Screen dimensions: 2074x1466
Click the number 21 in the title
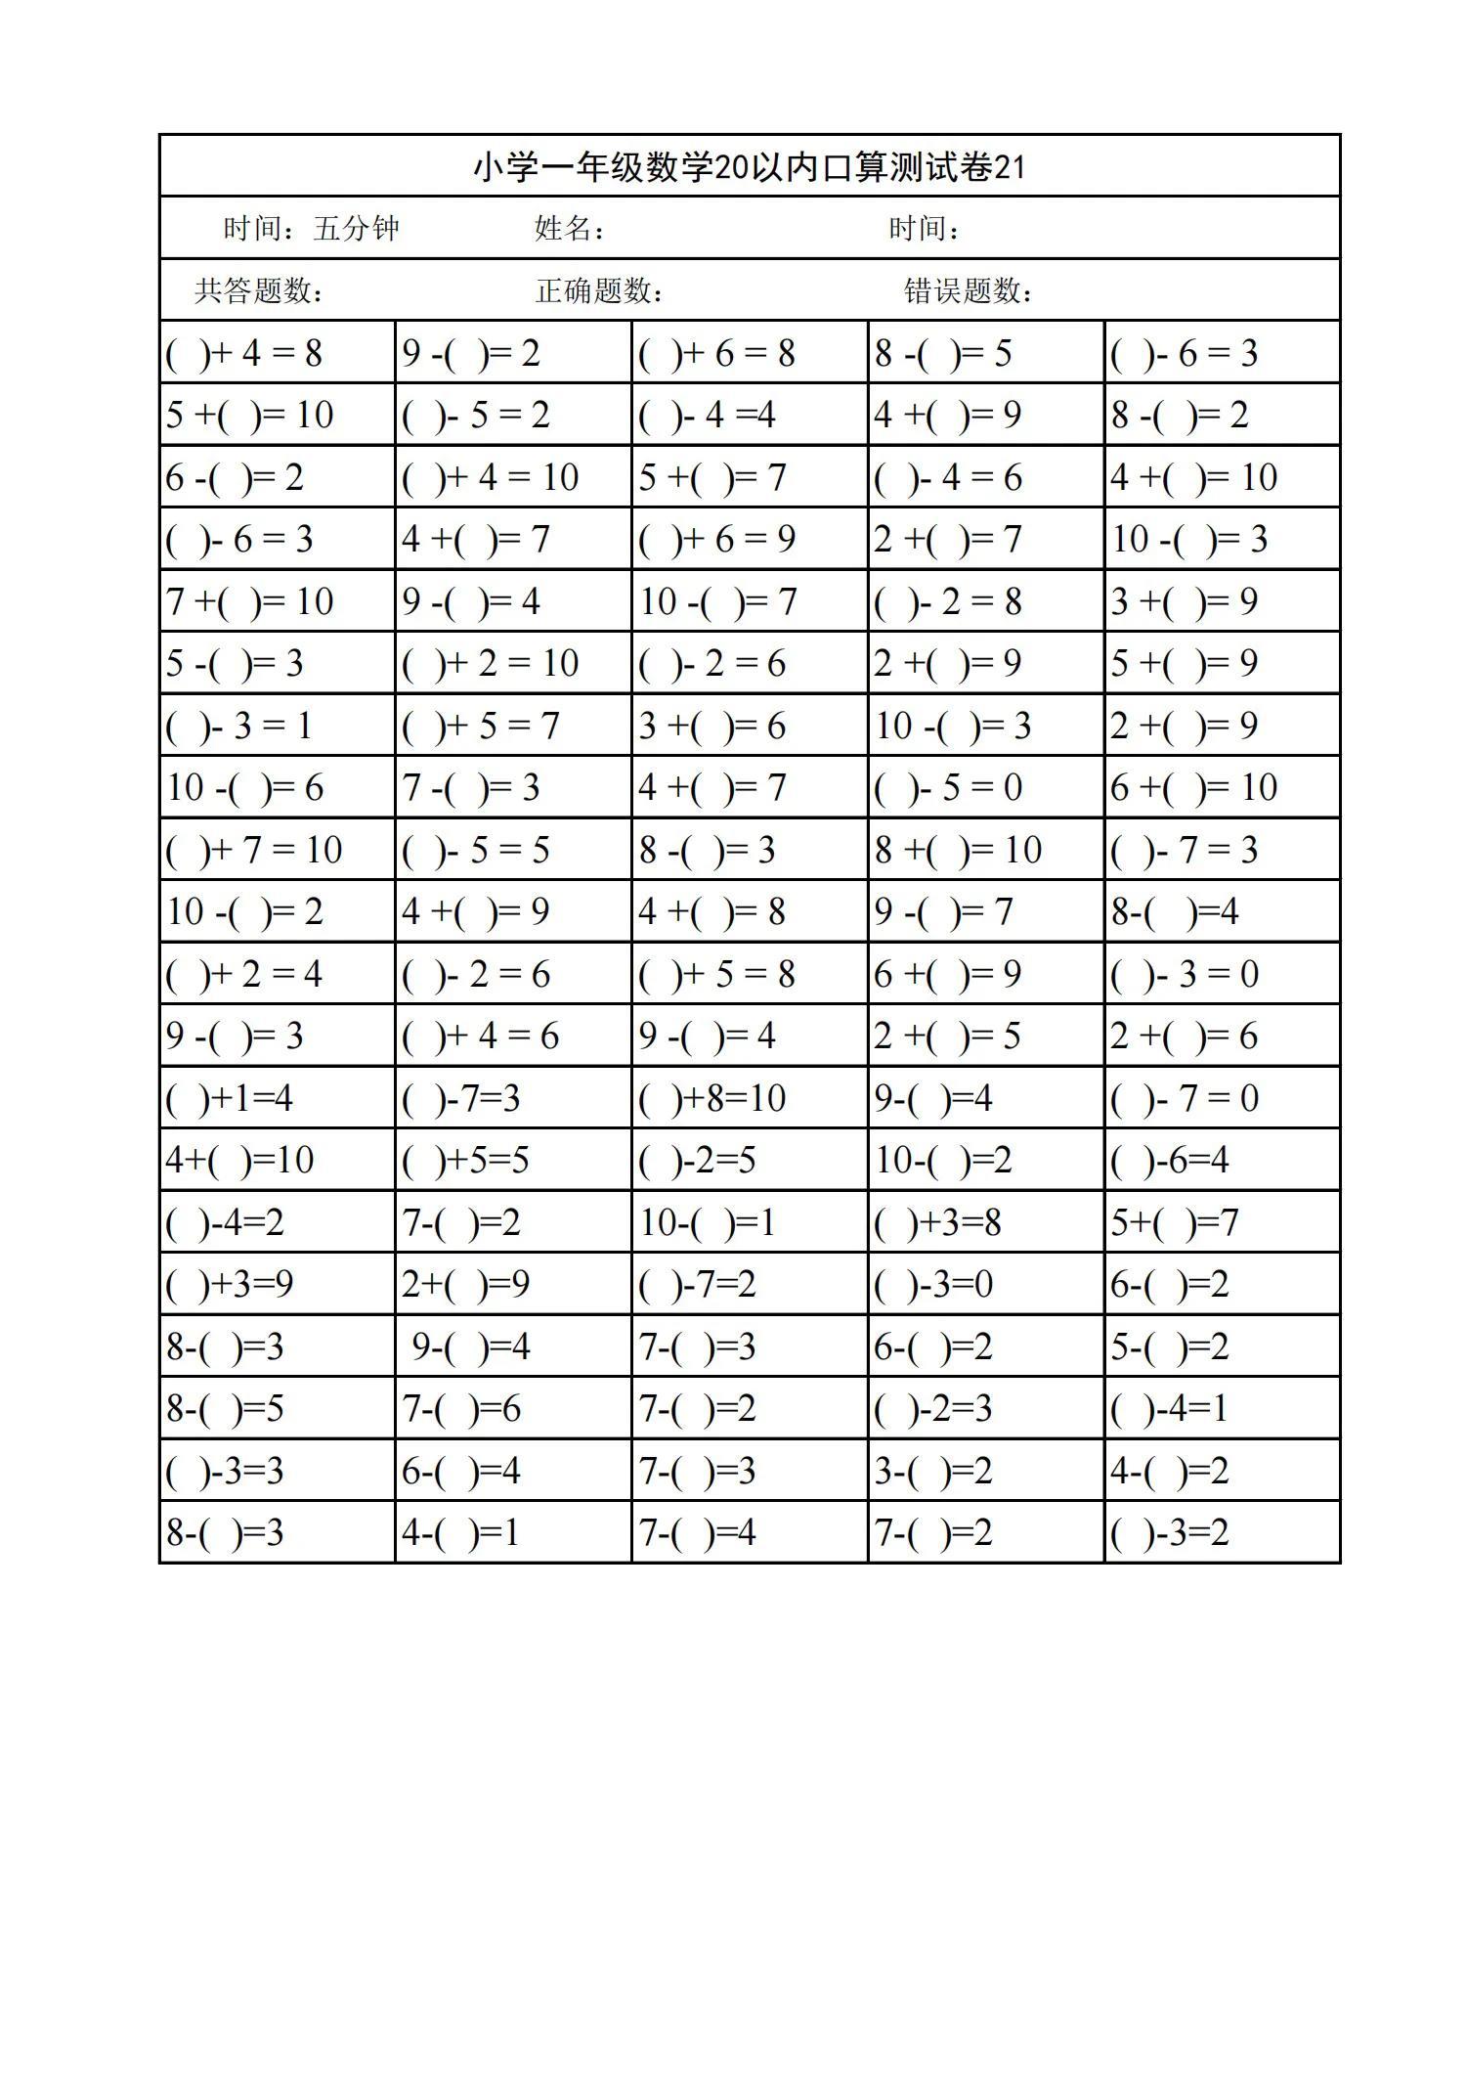tap(1010, 168)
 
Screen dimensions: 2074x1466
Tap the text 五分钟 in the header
tap(356, 229)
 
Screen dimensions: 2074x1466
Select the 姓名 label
tap(564, 229)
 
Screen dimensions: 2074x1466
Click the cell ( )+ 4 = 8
tap(244, 353)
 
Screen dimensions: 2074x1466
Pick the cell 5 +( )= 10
tap(250, 416)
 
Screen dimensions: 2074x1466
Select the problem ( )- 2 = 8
tap(948, 601)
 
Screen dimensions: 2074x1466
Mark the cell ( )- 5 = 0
tap(948, 788)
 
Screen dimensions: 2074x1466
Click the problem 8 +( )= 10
tap(958, 850)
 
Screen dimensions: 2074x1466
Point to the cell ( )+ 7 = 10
tap(254, 850)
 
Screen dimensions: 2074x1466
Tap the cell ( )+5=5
tap(465, 1161)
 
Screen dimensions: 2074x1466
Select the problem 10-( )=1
tap(707, 1222)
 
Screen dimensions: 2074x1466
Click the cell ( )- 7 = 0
tap(1185, 1098)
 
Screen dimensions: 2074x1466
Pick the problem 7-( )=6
tap(461, 1409)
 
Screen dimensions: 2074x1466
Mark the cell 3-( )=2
tap(933, 1471)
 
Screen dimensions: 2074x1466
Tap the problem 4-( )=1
tap(460, 1532)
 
